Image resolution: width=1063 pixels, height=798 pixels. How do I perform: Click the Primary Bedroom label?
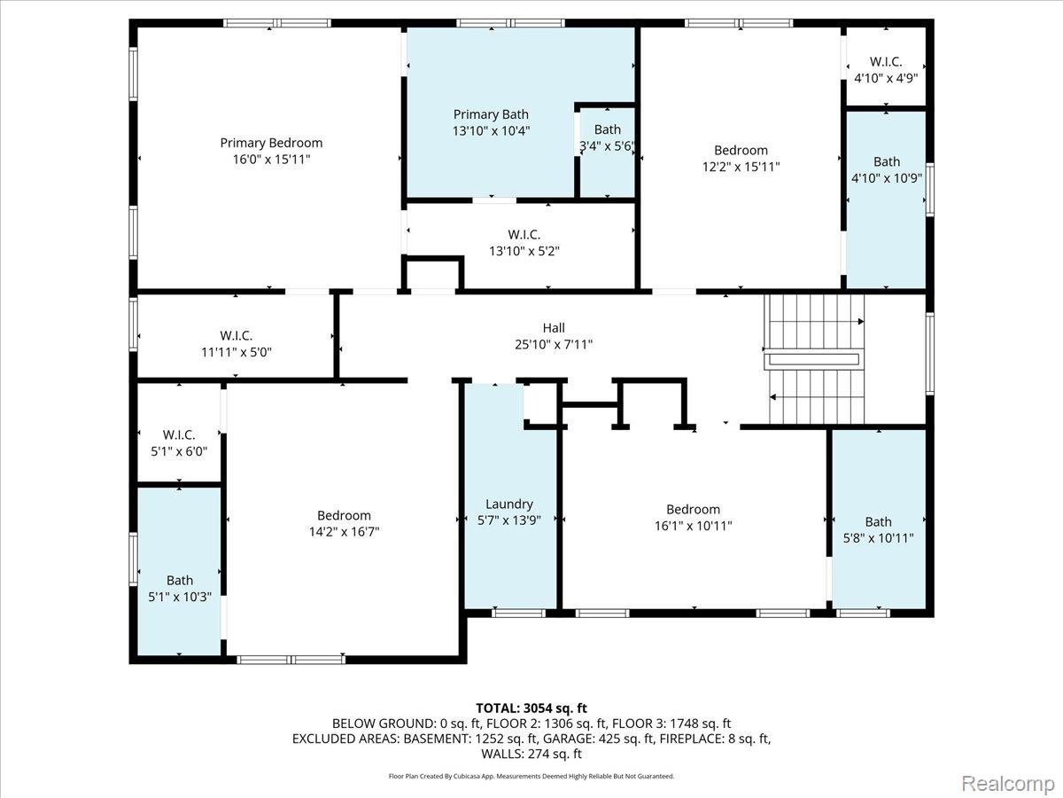point(271,143)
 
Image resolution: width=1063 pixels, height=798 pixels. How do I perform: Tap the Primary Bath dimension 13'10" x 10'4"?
point(491,131)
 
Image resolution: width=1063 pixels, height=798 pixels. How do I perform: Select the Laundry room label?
point(509,504)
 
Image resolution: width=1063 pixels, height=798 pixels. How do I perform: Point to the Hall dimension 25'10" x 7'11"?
point(554,345)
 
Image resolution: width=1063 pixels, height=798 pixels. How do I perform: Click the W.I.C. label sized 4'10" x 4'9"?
point(886,61)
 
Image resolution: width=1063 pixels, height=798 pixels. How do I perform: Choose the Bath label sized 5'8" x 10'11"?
point(878,522)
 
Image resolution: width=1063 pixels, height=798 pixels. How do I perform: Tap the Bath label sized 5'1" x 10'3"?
point(180,581)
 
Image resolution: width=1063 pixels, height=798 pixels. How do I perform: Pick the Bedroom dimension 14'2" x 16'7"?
point(344,532)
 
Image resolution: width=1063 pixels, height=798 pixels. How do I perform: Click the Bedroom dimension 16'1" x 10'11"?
point(693,526)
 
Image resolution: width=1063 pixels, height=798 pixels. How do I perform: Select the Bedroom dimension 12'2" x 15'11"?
point(741,167)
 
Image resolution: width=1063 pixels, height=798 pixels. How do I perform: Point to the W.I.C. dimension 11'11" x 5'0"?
point(237,352)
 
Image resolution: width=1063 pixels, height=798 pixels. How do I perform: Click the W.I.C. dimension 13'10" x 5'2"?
point(524,251)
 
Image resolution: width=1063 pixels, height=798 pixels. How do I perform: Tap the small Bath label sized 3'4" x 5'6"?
point(608,129)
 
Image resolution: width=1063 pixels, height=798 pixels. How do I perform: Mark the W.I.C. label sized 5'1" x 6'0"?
point(179,434)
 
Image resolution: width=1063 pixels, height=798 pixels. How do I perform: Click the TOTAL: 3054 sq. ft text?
point(531,708)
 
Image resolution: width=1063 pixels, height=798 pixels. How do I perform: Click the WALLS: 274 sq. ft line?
point(531,754)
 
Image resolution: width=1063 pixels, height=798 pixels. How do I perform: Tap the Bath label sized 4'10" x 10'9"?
point(887,161)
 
